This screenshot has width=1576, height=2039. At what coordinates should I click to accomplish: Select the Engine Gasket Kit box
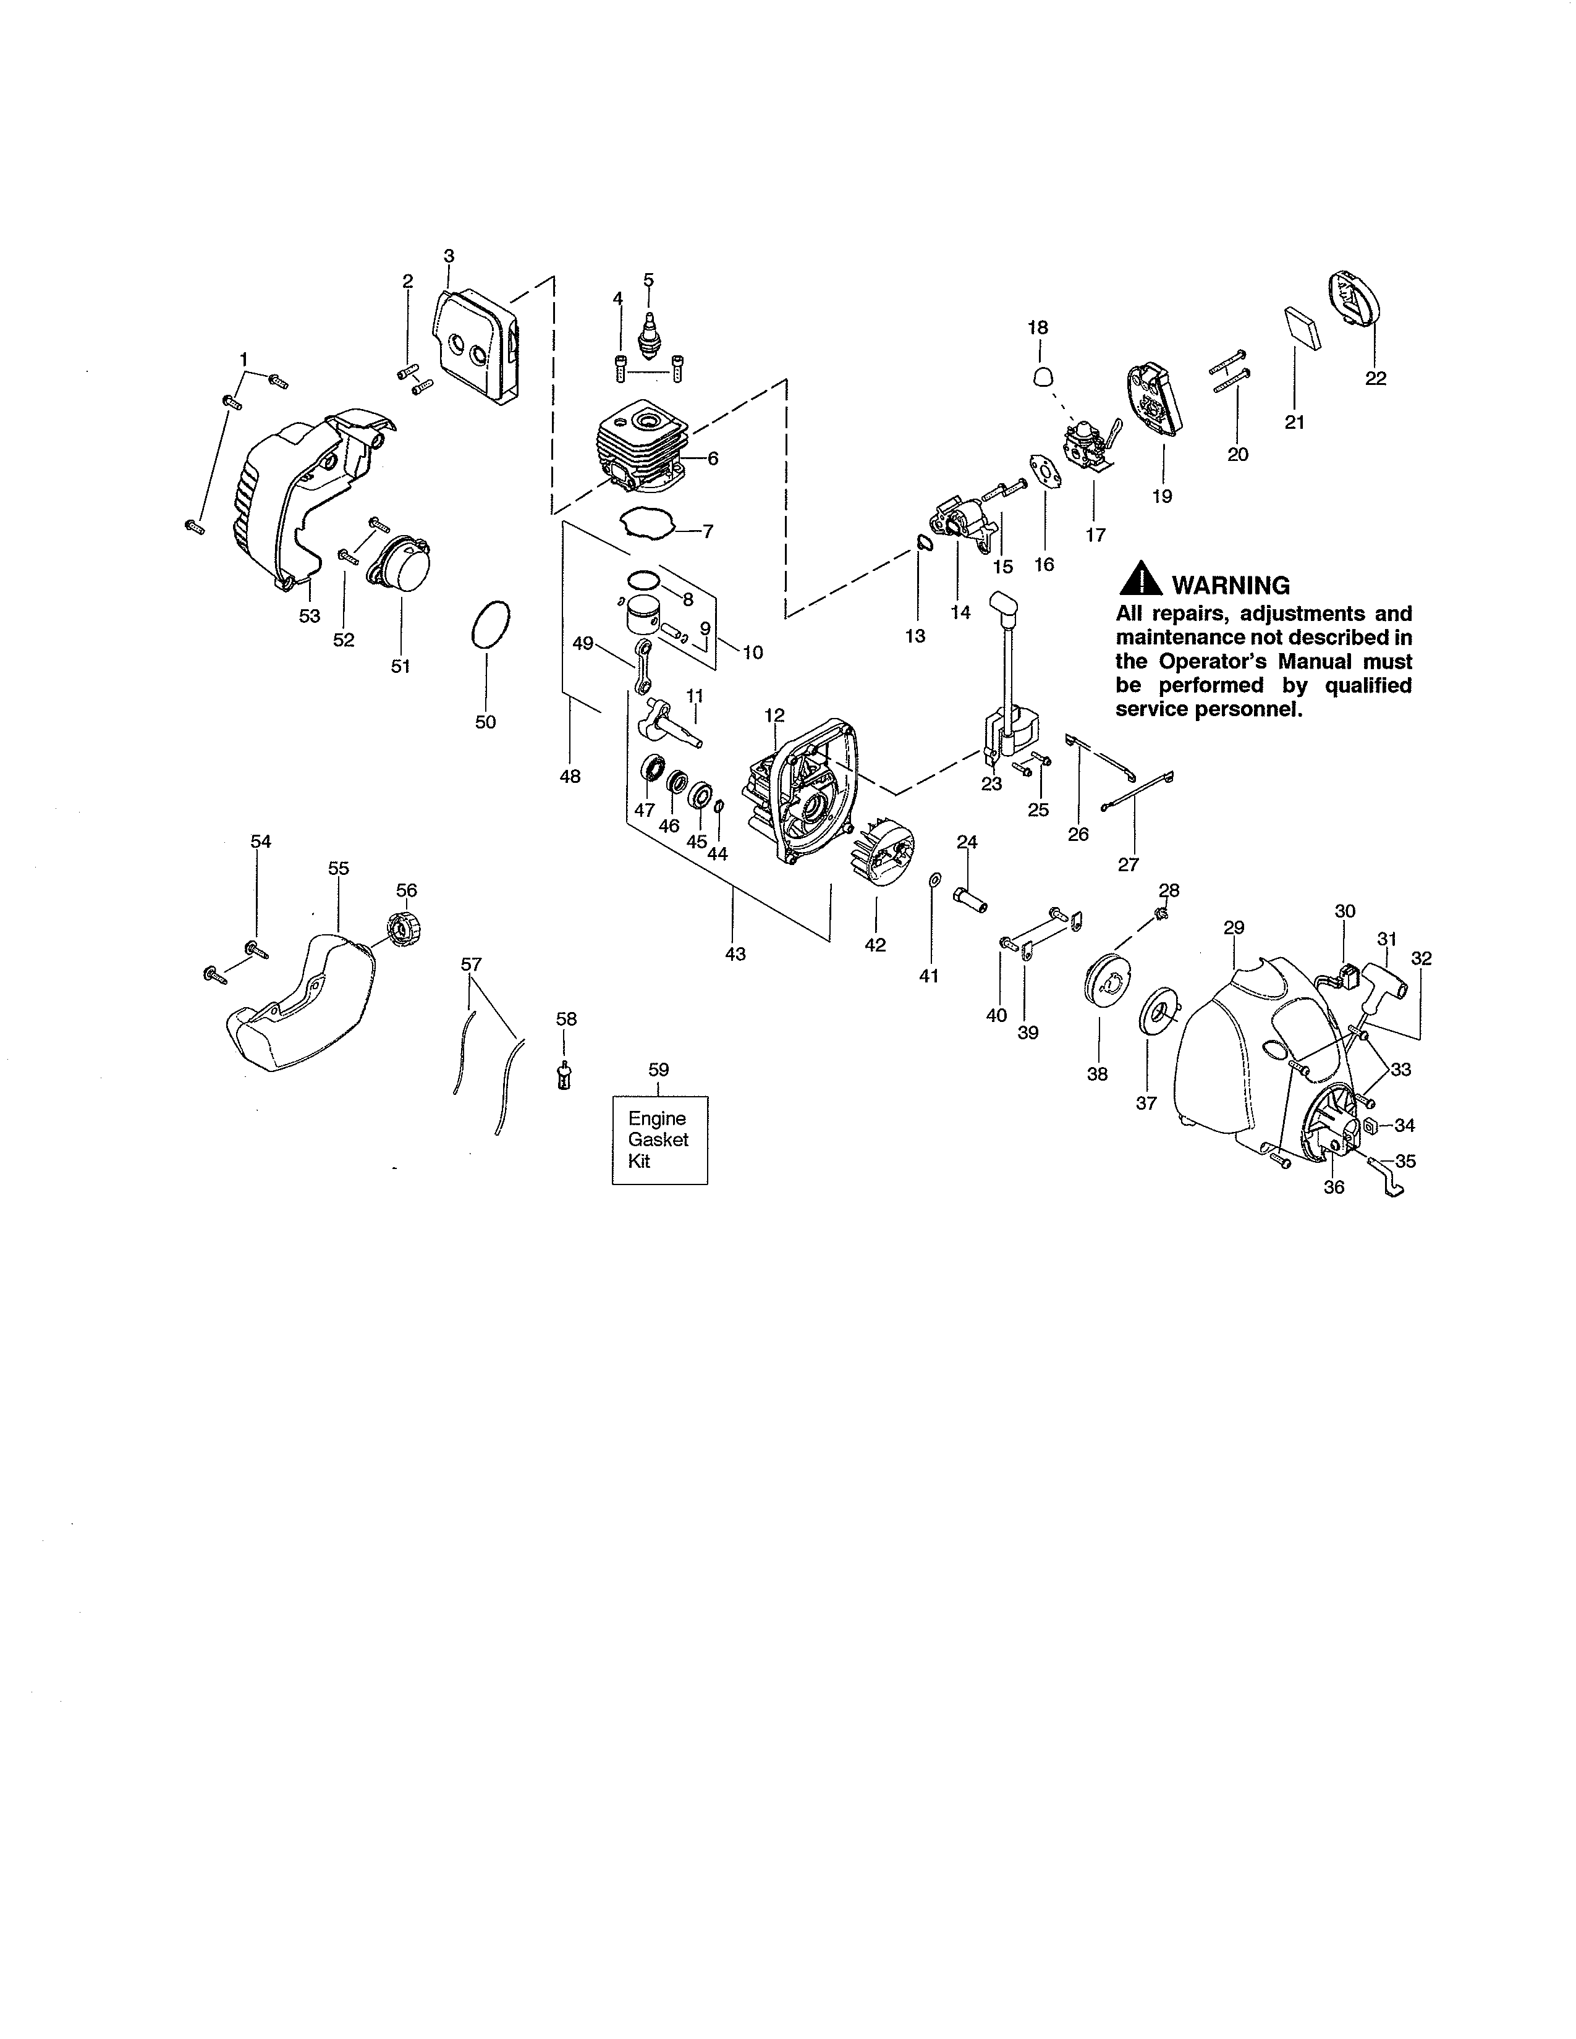point(659,1140)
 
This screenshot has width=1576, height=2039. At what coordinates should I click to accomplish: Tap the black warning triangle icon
point(1140,581)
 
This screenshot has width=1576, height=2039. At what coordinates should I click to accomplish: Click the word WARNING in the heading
point(1231,585)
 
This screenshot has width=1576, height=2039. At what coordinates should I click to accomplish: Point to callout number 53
point(309,616)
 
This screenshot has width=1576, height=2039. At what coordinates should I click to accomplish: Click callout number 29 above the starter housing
point(1234,927)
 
